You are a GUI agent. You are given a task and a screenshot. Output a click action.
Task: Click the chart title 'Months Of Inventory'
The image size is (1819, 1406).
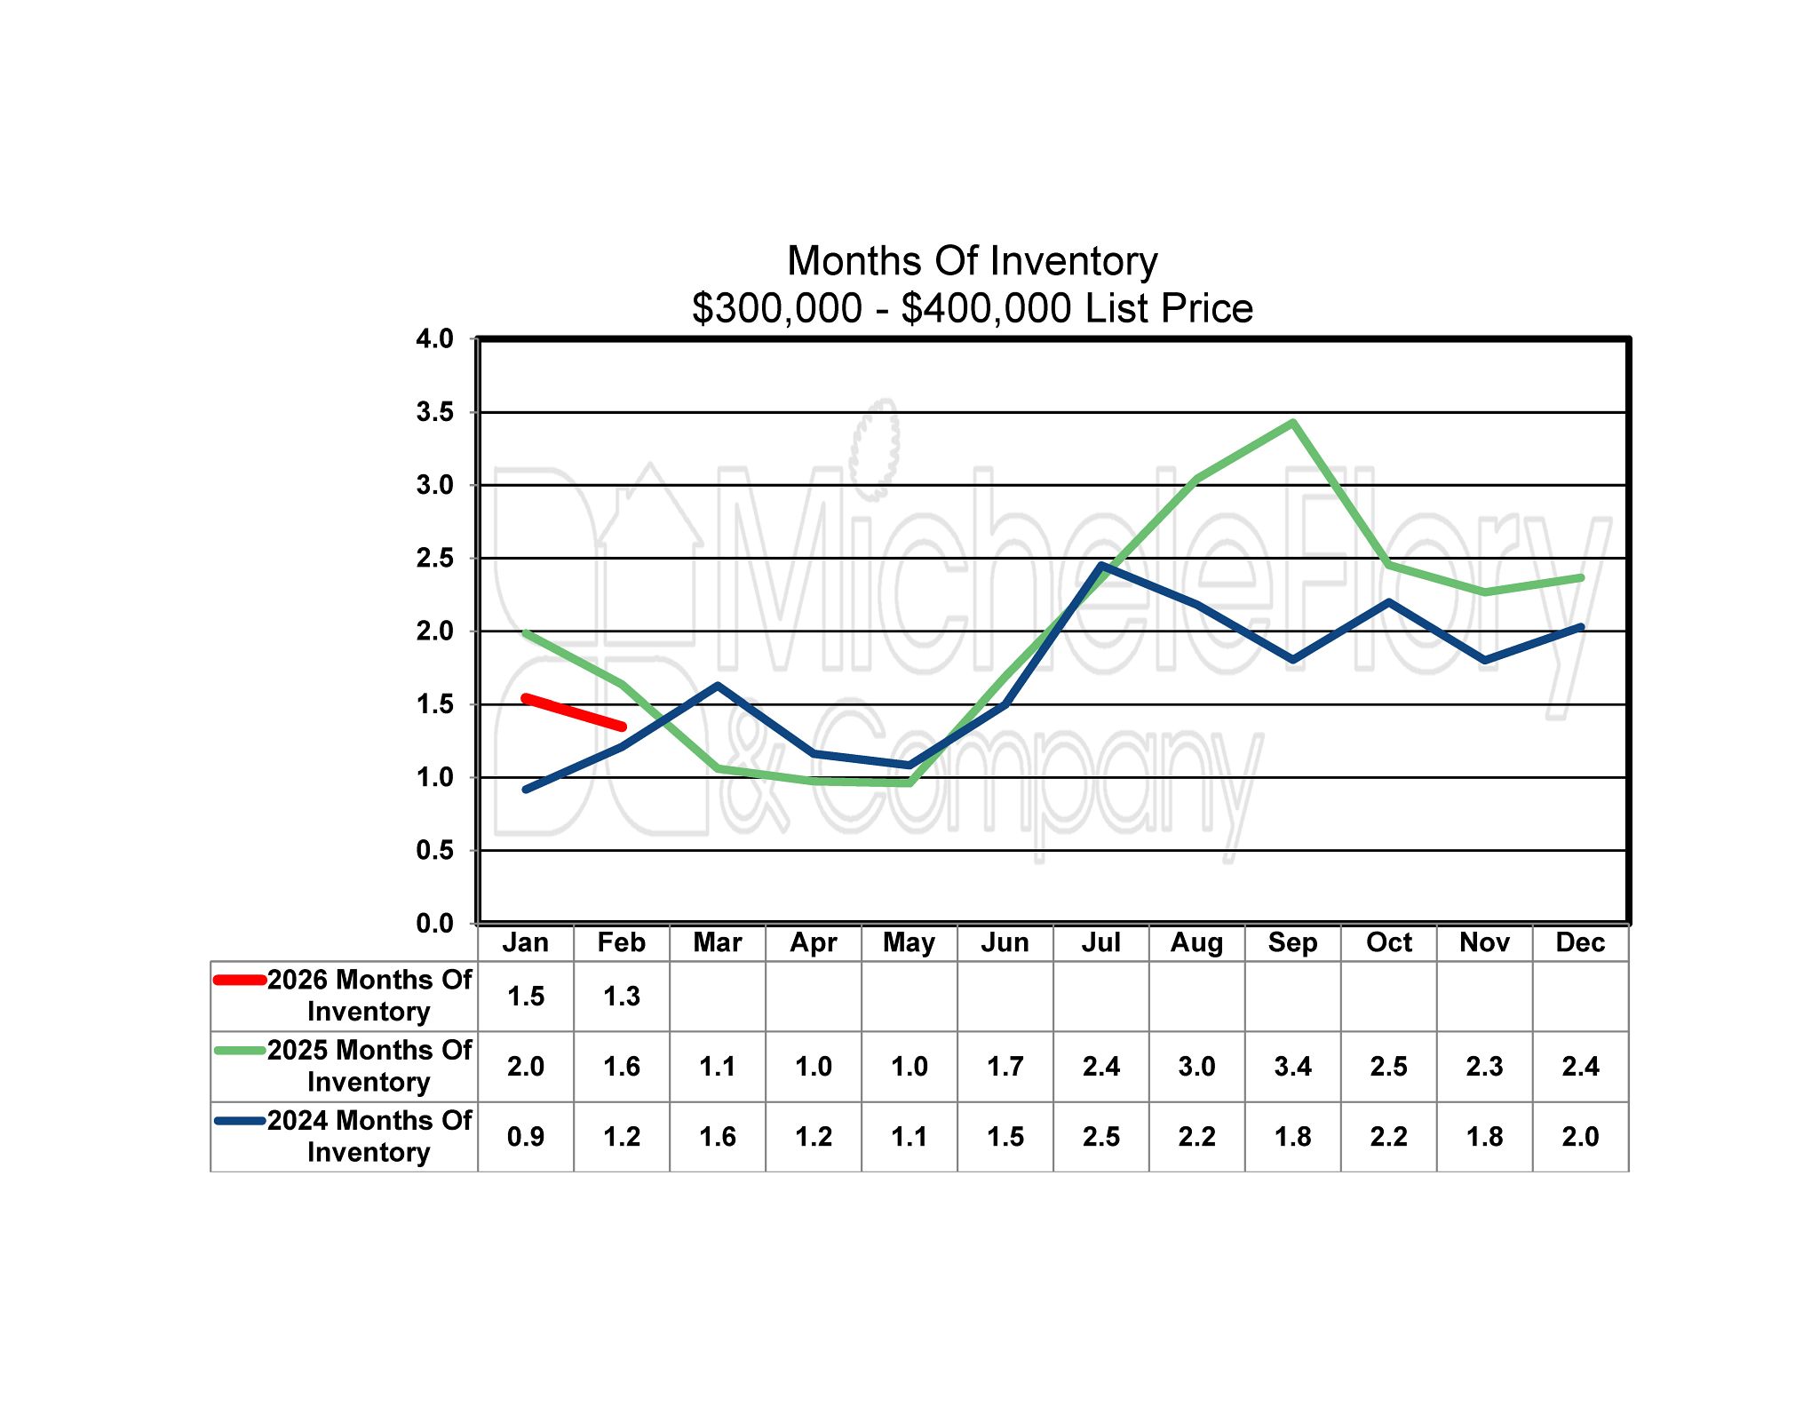pos(972,261)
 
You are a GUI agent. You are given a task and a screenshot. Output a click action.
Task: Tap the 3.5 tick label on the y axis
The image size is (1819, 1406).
pos(434,412)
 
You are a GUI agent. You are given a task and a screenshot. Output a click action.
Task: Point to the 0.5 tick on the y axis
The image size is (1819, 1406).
pos(434,850)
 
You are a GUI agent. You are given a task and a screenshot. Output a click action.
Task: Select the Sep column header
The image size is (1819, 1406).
pos(1292,942)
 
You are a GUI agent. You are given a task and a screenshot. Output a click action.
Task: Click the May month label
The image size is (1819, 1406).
pos(909,942)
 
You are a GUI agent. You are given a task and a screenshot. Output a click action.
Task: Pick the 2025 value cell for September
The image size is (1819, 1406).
pos(1292,1066)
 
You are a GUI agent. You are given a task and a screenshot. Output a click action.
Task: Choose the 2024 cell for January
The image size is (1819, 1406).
pos(526,1137)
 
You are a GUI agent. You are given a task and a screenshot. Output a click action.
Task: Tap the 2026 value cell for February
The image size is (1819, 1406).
pos(622,997)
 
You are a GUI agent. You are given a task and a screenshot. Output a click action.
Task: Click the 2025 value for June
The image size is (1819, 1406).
pos(1005,1066)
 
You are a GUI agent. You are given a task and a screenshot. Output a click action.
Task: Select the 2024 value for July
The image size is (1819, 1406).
pos(1100,1137)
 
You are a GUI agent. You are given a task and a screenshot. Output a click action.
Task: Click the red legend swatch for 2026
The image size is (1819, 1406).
pos(240,981)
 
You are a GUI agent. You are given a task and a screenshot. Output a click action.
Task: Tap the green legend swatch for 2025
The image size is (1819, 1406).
pos(240,1051)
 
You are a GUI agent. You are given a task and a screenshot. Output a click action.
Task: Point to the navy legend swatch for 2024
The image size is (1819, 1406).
pos(240,1121)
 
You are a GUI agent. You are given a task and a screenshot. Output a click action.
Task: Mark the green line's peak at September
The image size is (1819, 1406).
pos(1292,423)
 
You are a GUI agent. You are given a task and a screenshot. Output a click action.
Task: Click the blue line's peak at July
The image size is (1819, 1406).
pos(1101,565)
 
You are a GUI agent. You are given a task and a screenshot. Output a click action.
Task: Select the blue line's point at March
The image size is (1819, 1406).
pos(718,686)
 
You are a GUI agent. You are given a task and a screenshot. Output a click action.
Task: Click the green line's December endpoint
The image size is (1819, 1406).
pos(1580,578)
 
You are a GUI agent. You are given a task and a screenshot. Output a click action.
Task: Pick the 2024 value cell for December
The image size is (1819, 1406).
pos(1580,1137)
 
